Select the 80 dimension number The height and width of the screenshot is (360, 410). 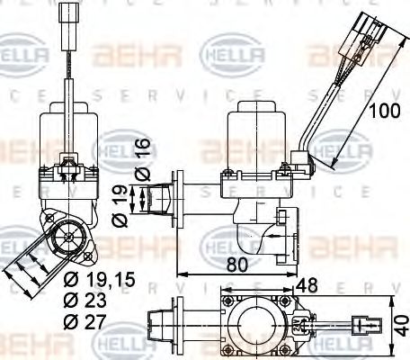[x=237, y=265]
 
